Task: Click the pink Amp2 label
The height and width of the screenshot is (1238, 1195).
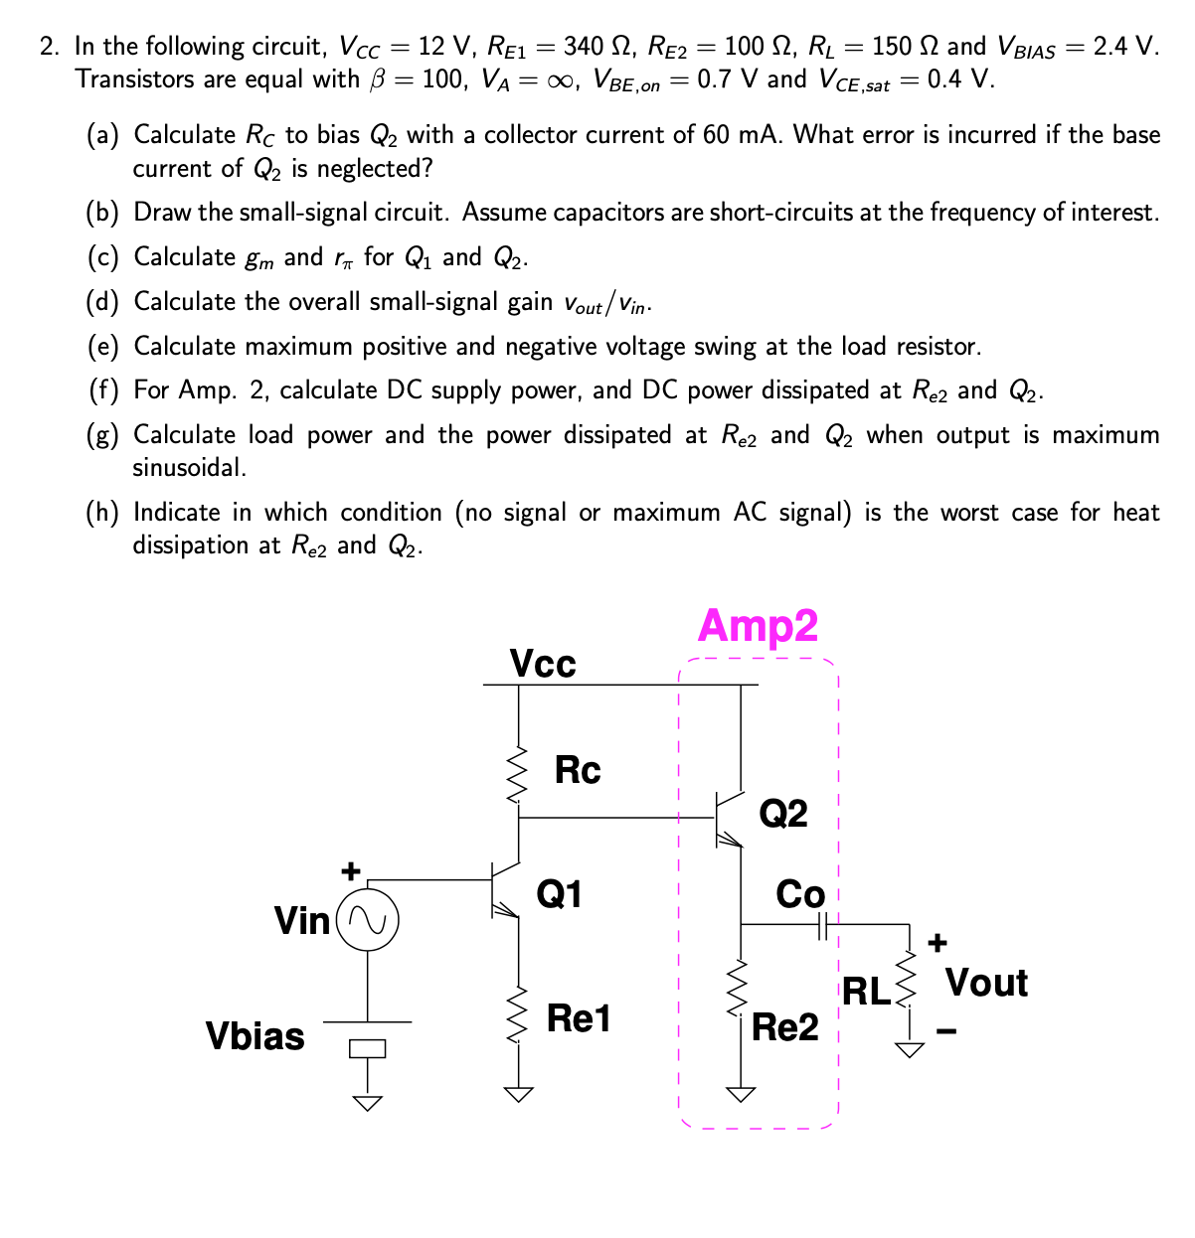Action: coord(758,625)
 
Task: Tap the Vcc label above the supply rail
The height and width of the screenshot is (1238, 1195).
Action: coord(542,663)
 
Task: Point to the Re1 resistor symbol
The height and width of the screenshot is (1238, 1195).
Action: coord(518,1014)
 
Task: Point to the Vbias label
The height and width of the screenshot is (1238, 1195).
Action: coord(255,1036)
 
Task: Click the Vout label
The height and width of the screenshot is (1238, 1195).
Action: coord(986,983)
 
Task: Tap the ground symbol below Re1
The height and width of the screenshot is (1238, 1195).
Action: coord(518,1094)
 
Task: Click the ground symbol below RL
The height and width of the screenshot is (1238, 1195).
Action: coord(907,1049)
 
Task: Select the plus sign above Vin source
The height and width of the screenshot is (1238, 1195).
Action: coord(349,871)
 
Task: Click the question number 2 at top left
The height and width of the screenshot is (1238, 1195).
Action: coord(48,47)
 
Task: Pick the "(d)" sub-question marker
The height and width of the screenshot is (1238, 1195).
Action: coord(103,302)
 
